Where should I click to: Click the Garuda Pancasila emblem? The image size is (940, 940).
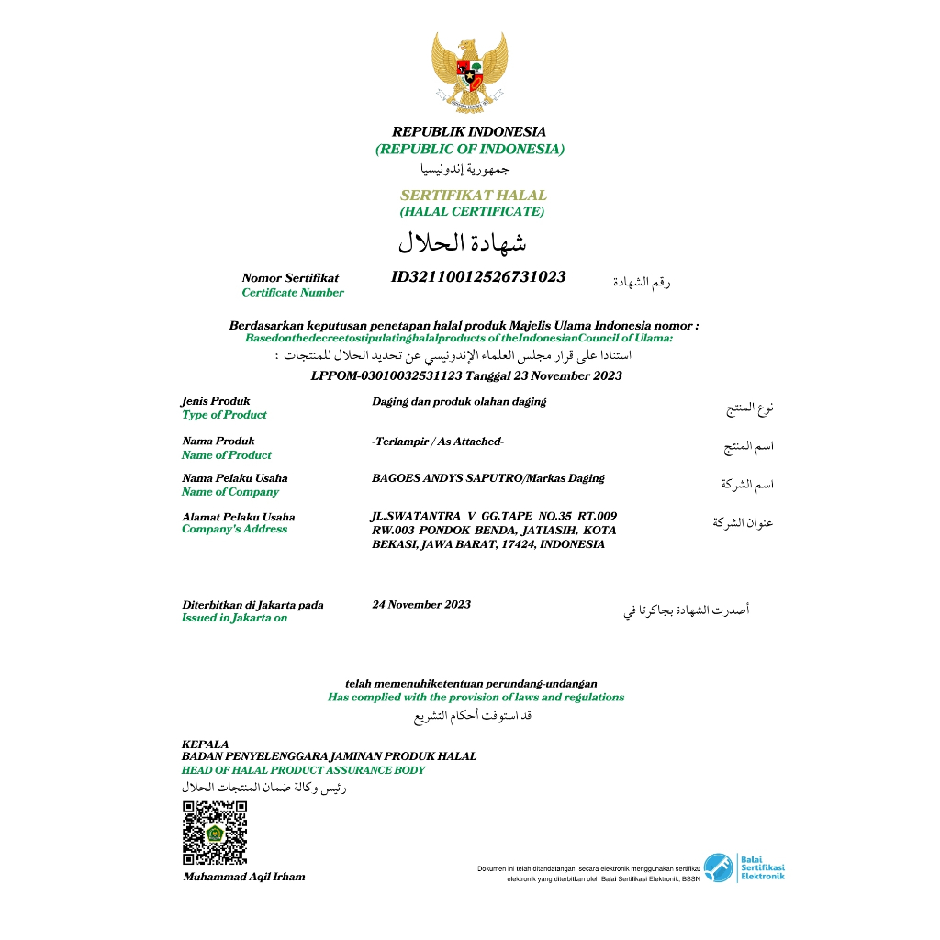pos(469,73)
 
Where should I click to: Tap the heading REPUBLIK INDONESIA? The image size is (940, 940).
pos(469,132)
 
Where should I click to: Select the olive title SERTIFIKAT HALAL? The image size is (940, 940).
pos(473,196)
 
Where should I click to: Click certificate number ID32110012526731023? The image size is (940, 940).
pos(478,276)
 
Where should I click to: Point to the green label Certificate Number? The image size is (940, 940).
pos(293,293)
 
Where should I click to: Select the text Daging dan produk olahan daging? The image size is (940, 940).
pos(459,401)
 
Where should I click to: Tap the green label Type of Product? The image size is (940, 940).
pos(224,415)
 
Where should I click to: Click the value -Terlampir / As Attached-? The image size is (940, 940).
pos(438,442)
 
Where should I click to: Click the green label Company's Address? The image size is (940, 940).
pos(234,529)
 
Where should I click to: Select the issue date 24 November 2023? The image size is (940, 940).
pos(421,604)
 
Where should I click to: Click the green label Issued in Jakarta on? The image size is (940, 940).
pos(234,618)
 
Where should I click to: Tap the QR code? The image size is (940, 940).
pos(215,833)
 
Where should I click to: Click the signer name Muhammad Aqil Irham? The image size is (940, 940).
pos(244,877)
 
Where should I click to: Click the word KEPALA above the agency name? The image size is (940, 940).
pos(206,744)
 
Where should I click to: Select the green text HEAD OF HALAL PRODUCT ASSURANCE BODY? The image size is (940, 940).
pos(303,770)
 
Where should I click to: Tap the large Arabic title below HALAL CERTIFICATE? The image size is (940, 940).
pos(462,243)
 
